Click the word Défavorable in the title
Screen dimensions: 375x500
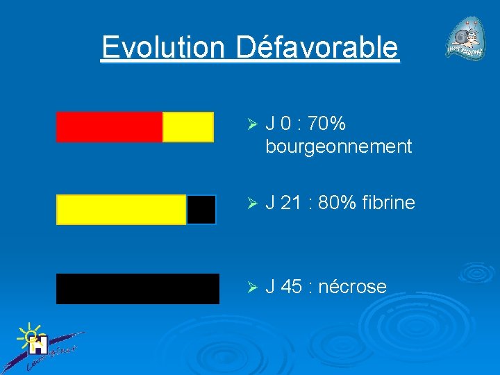[317, 48]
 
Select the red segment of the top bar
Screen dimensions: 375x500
[109, 127]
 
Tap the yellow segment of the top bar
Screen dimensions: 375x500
[188, 127]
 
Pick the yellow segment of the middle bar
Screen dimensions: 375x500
[122, 210]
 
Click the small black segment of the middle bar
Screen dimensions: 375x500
[201, 210]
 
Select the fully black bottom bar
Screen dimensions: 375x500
[137, 289]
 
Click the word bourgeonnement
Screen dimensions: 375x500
[338, 147]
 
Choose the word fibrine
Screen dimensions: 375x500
[390, 203]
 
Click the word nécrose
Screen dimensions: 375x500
[352, 287]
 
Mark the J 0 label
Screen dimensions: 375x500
[278, 124]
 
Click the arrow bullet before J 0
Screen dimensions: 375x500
[252, 124]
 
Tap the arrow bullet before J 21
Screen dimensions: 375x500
[252, 203]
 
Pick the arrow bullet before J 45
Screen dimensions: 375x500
[252, 287]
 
